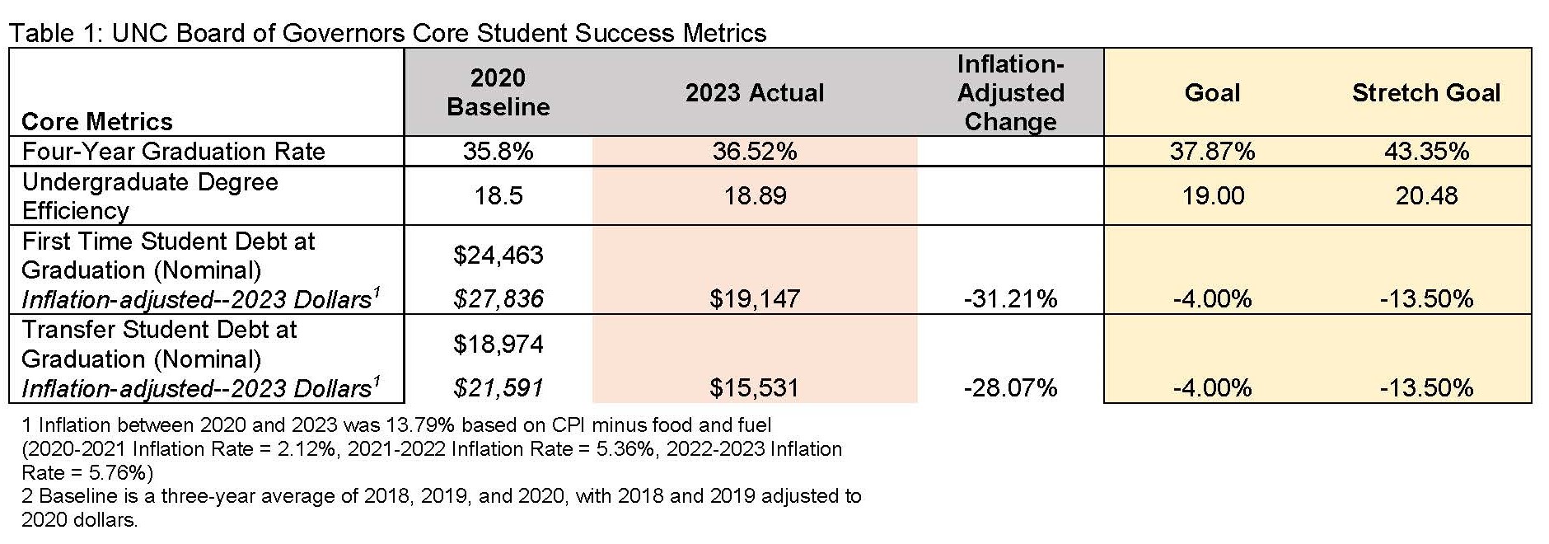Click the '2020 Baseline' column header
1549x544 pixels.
click(x=498, y=92)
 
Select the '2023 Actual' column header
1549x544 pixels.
click(x=754, y=92)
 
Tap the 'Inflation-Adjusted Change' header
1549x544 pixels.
click(x=1010, y=92)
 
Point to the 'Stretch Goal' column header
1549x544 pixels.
click(x=1425, y=92)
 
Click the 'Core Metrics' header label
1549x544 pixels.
click(x=96, y=121)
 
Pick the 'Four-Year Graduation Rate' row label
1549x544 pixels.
click(x=173, y=152)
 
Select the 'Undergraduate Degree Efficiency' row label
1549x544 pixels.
click(x=150, y=195)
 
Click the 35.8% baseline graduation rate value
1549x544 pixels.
click(x=498, y=152)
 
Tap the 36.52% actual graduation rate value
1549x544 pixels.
click(x=754, y=152)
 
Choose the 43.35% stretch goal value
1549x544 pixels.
click(x=1425, y=152)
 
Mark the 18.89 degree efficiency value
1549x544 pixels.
click(x=754, y=195)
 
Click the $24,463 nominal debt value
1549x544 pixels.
click(x=498, y=255)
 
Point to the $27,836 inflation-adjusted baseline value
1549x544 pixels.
click(x=498, y=298)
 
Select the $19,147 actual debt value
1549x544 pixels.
click(x=754, y=298)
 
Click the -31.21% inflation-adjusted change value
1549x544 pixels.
click(x=1010, y=298)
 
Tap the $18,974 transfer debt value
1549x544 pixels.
click(x=498, y=344)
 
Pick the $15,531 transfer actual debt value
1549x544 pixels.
click(x=754, y=387)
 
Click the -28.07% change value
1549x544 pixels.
click(x=1010, y=387)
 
